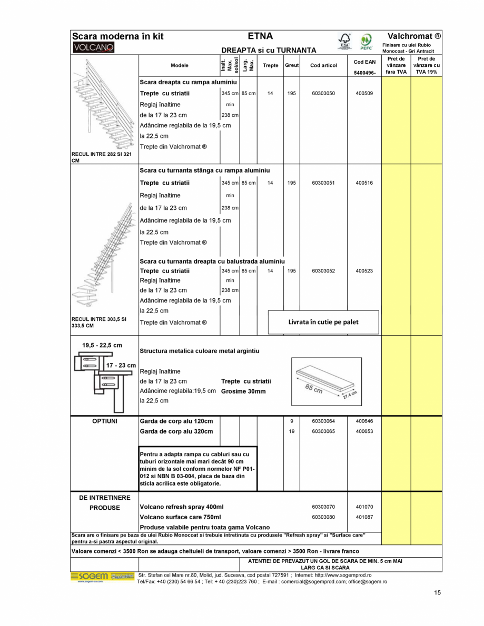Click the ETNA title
point(260,36)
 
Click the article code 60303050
point(323,93)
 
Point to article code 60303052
point(323,271)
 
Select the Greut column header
point(292,65)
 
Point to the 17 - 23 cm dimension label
point(121,365)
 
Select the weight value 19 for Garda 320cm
point(291,431)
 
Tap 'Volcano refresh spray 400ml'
point(182,507)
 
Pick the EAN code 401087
point(364,517)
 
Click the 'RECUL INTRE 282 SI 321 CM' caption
point(101,157)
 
